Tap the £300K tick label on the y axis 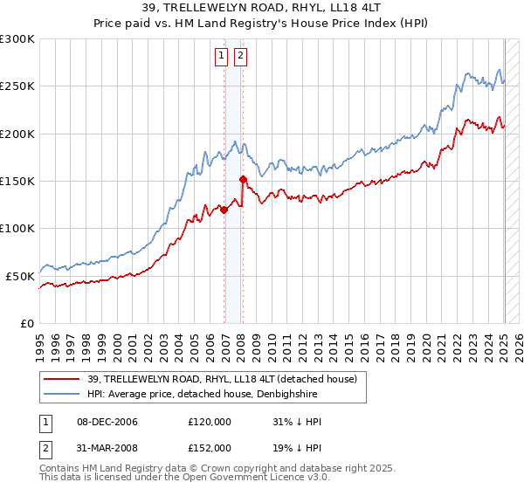(17, 39)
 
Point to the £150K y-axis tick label (17, 181)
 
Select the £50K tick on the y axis (21, 276)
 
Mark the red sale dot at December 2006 (224, 210)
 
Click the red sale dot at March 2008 (244, 179)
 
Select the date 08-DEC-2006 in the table (105, 422)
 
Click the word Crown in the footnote (184, 469)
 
